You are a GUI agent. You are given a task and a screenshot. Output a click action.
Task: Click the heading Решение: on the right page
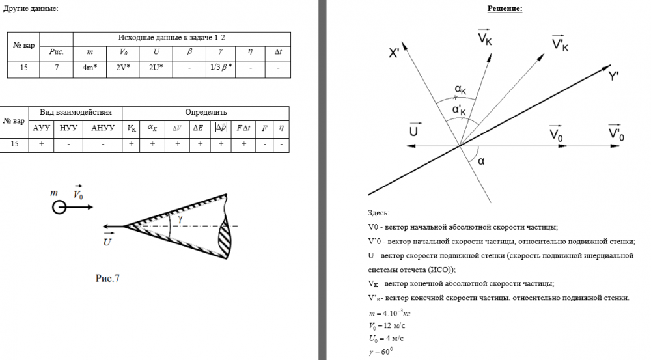click(x=505, y=9)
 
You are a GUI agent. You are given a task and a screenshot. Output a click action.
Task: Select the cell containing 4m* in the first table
click(x=90, y=67)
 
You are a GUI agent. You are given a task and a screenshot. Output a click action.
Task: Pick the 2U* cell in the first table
click(x=156, y=67)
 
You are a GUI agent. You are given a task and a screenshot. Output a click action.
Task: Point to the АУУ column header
click(x=41, y=128)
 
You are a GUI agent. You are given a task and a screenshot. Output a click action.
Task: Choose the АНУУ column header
click(x=103, y=128)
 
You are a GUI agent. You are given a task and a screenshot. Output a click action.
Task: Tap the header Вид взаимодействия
click(x=76, y=112)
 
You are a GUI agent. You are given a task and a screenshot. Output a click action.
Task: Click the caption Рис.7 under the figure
click(x=107, y=279)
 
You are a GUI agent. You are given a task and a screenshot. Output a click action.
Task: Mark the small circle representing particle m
click(x=59, y=208)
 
